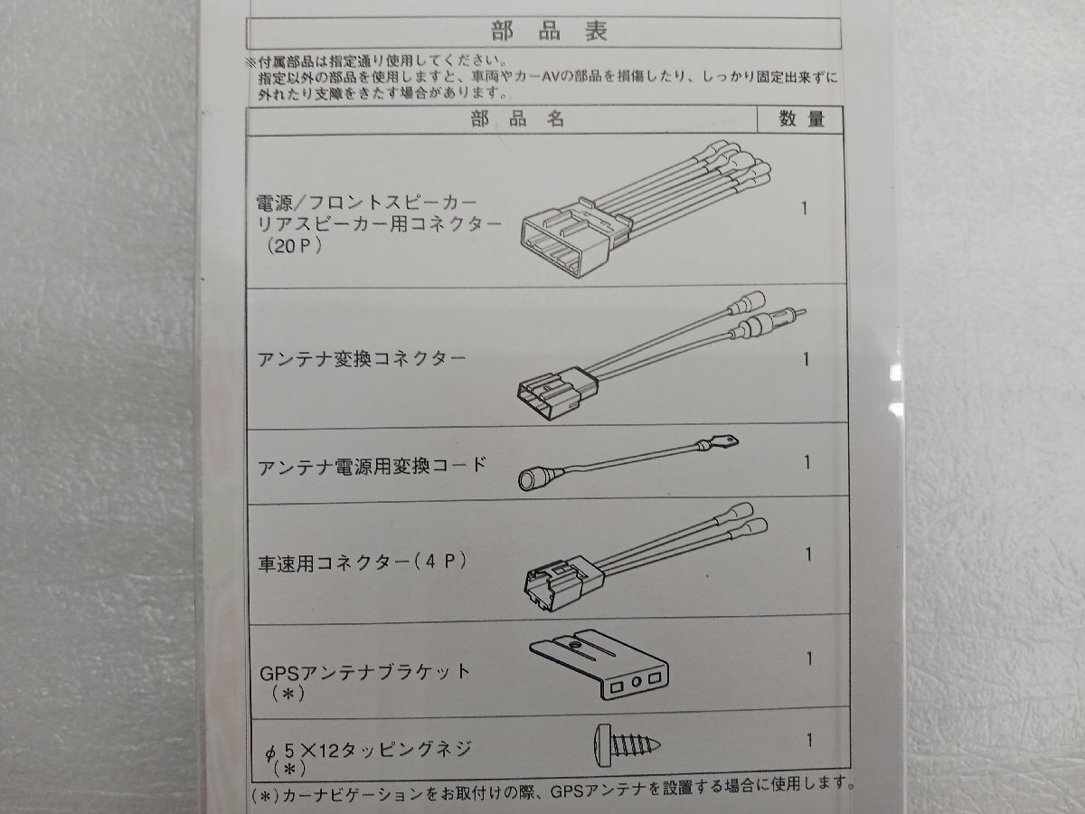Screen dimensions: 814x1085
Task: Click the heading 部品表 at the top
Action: coord(549,32)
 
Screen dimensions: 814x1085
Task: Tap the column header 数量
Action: coord(802,119)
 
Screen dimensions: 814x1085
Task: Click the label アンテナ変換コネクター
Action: coord(362,359)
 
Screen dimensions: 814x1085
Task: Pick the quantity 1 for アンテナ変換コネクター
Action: coord(806,359)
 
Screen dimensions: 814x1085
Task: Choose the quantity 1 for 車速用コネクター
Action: coord(807,554)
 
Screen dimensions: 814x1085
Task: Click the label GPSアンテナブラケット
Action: coord(364,671)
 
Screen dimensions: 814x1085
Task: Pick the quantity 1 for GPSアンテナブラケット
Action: coord(808,658)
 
